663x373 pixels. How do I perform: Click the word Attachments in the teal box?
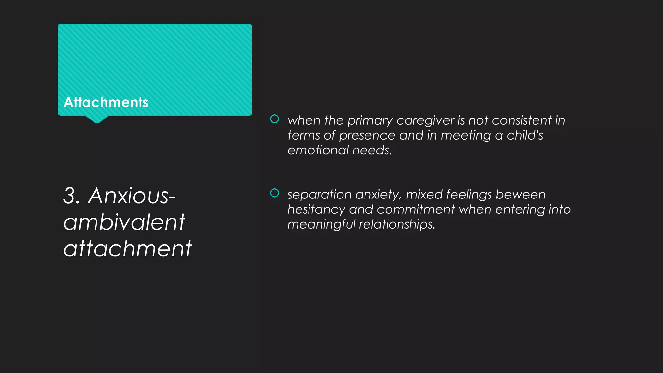point(106,102)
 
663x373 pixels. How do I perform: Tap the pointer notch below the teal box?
point(96,119)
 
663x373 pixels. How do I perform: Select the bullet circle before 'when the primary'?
point(275,119)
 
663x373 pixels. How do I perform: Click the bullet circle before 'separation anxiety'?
point(275,193)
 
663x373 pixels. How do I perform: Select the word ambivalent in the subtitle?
point(124,222)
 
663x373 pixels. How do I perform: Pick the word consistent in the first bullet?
point(522,120)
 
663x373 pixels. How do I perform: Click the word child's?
point(525,135)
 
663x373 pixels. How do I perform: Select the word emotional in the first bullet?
point(318,150)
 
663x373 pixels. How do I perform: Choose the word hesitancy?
point(316,210)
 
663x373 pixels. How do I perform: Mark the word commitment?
point(416,209)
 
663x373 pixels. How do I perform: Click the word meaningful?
point(321,224)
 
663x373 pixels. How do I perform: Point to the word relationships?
point(397,224)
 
